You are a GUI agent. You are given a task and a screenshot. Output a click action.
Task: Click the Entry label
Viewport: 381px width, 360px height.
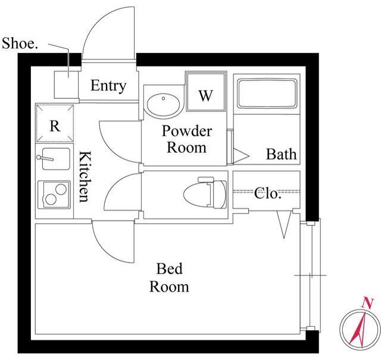click(108, 86)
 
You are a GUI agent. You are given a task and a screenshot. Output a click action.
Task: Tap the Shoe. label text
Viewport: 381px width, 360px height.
click(20, 43)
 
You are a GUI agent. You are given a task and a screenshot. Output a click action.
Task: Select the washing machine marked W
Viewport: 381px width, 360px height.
click(206, 92)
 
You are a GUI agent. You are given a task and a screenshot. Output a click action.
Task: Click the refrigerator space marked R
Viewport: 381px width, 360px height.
click(55, 123)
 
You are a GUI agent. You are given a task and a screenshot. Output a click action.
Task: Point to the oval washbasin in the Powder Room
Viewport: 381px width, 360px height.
click(163, 104)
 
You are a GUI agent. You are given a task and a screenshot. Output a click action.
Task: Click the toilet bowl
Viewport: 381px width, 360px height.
click(205, 193)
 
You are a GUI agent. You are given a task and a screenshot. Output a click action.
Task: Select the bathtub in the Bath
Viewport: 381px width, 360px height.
click(267, 93)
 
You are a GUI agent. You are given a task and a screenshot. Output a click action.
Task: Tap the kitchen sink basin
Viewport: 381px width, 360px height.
click(56, 159)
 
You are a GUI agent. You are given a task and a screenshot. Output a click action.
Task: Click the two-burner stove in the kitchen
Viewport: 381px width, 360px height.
click(54, 195)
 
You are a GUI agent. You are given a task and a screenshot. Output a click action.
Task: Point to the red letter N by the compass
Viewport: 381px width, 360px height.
click(368, 303)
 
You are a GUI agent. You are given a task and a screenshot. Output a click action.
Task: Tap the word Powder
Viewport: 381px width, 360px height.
click(186, 131)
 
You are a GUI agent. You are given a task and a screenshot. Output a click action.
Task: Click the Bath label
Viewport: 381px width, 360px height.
click(282, 154)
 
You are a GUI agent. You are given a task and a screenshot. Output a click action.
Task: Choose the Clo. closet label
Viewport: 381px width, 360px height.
click(268, 193)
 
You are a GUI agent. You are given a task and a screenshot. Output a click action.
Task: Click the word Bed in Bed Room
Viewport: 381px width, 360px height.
click(169, 268)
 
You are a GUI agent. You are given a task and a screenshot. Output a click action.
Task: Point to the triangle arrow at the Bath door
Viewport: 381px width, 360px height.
click(241, 156)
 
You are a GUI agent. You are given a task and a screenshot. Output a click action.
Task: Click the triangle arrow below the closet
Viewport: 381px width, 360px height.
click(284, 224)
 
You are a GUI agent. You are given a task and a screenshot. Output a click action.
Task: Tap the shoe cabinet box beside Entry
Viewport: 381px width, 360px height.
click(66, 84)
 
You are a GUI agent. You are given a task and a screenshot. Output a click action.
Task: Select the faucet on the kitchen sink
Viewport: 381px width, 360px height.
click(45, 158)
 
